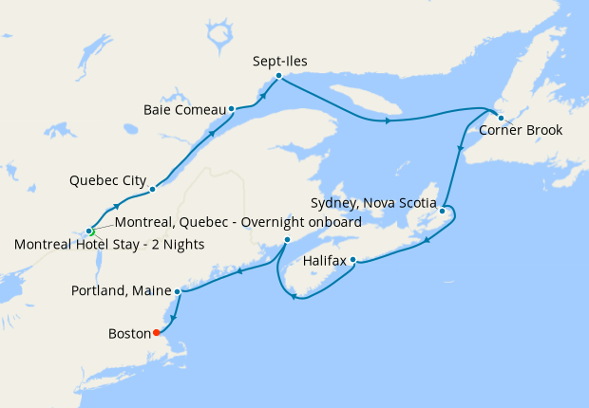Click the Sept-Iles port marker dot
point(278,76)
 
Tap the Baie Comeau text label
point(183,109)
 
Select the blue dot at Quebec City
point(152,190)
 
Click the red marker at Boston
point(157,333)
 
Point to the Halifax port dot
point(352,259)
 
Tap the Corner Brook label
point(520,130)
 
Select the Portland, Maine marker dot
point(178,291)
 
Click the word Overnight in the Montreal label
point(267,222)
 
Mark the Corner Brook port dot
point(501,119)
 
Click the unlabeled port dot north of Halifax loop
point(287,240)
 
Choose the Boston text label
point(130,334)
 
